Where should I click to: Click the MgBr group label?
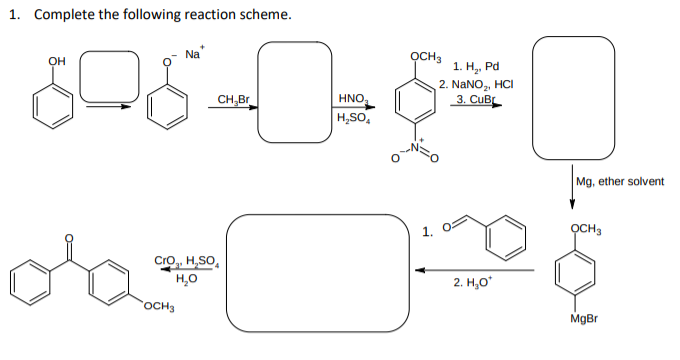click(583, 319)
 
